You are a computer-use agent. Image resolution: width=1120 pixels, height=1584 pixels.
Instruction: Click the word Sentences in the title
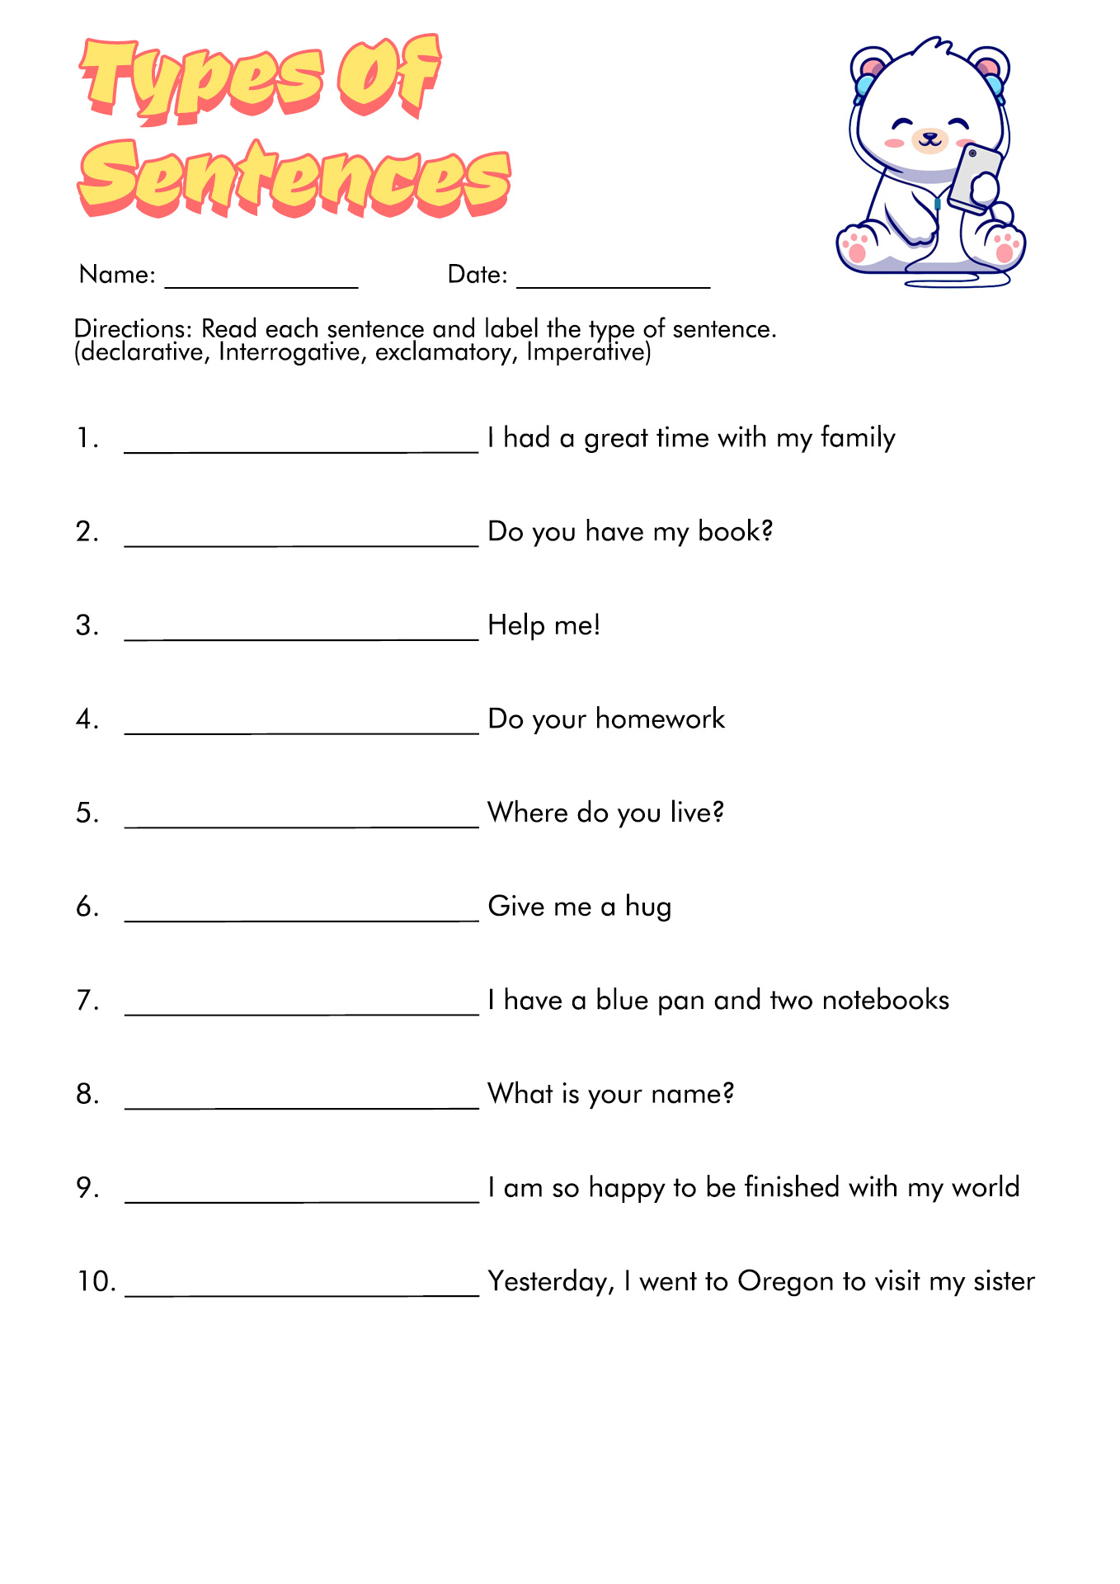click(x=294, y=177)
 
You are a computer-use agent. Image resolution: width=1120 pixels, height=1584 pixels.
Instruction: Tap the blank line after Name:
click(x=261, y=285)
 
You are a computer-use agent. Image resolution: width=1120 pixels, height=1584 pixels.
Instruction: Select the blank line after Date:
click(x=613, y=285)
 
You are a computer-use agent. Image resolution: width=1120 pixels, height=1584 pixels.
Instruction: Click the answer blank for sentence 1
click(x=301, y=449)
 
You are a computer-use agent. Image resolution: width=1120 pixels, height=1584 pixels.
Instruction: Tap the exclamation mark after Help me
click(x=595, y=625)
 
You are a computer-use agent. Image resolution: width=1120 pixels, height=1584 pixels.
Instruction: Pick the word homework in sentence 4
click(x=660, y=719)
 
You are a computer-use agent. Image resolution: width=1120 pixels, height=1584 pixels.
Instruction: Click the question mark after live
click(x=718, y=813)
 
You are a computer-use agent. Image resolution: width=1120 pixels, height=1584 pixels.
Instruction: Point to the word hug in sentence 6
click(x=648, y=907)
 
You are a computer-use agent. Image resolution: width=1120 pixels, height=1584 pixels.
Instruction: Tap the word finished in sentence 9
click(x=792, y=1188)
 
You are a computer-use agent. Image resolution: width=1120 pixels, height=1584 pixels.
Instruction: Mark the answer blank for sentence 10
click(x=301, y=1293)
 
